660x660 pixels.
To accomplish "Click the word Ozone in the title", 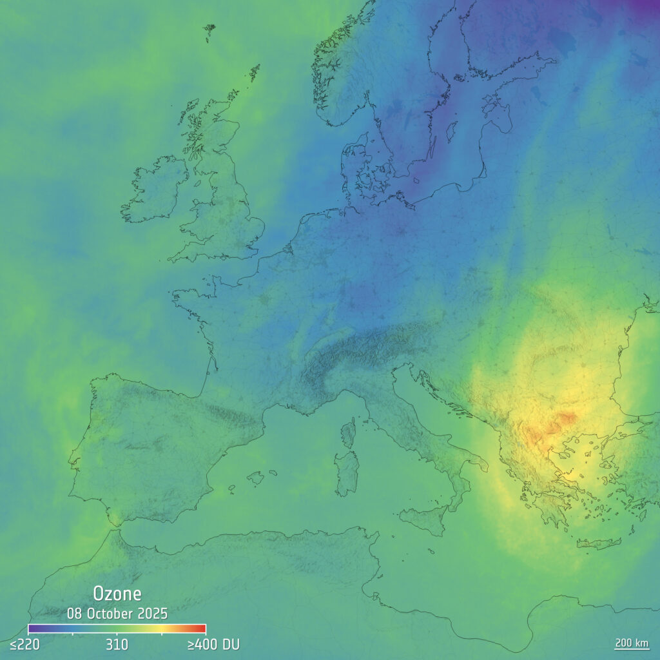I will pyautogui.click(x=117, y=594).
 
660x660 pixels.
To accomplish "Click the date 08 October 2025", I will pyautogui.click(x=117, y=612).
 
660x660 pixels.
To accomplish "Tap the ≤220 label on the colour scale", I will pyautogui.click(x=24, y=644).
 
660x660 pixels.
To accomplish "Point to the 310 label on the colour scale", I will pyautogui.click(x=117, y=644).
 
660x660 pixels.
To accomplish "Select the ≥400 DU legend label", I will pyautogui.click(x=213, y=644).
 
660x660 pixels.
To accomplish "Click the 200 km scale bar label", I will pyautogui.click(x=631, y=643).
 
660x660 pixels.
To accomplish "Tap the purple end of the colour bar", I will pyautogui.click(x=34, y=628).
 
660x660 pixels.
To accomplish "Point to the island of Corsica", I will pyautogui.click(x=348, y=432).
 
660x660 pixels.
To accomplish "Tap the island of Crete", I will pyautogui.click(x=597, y=544).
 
